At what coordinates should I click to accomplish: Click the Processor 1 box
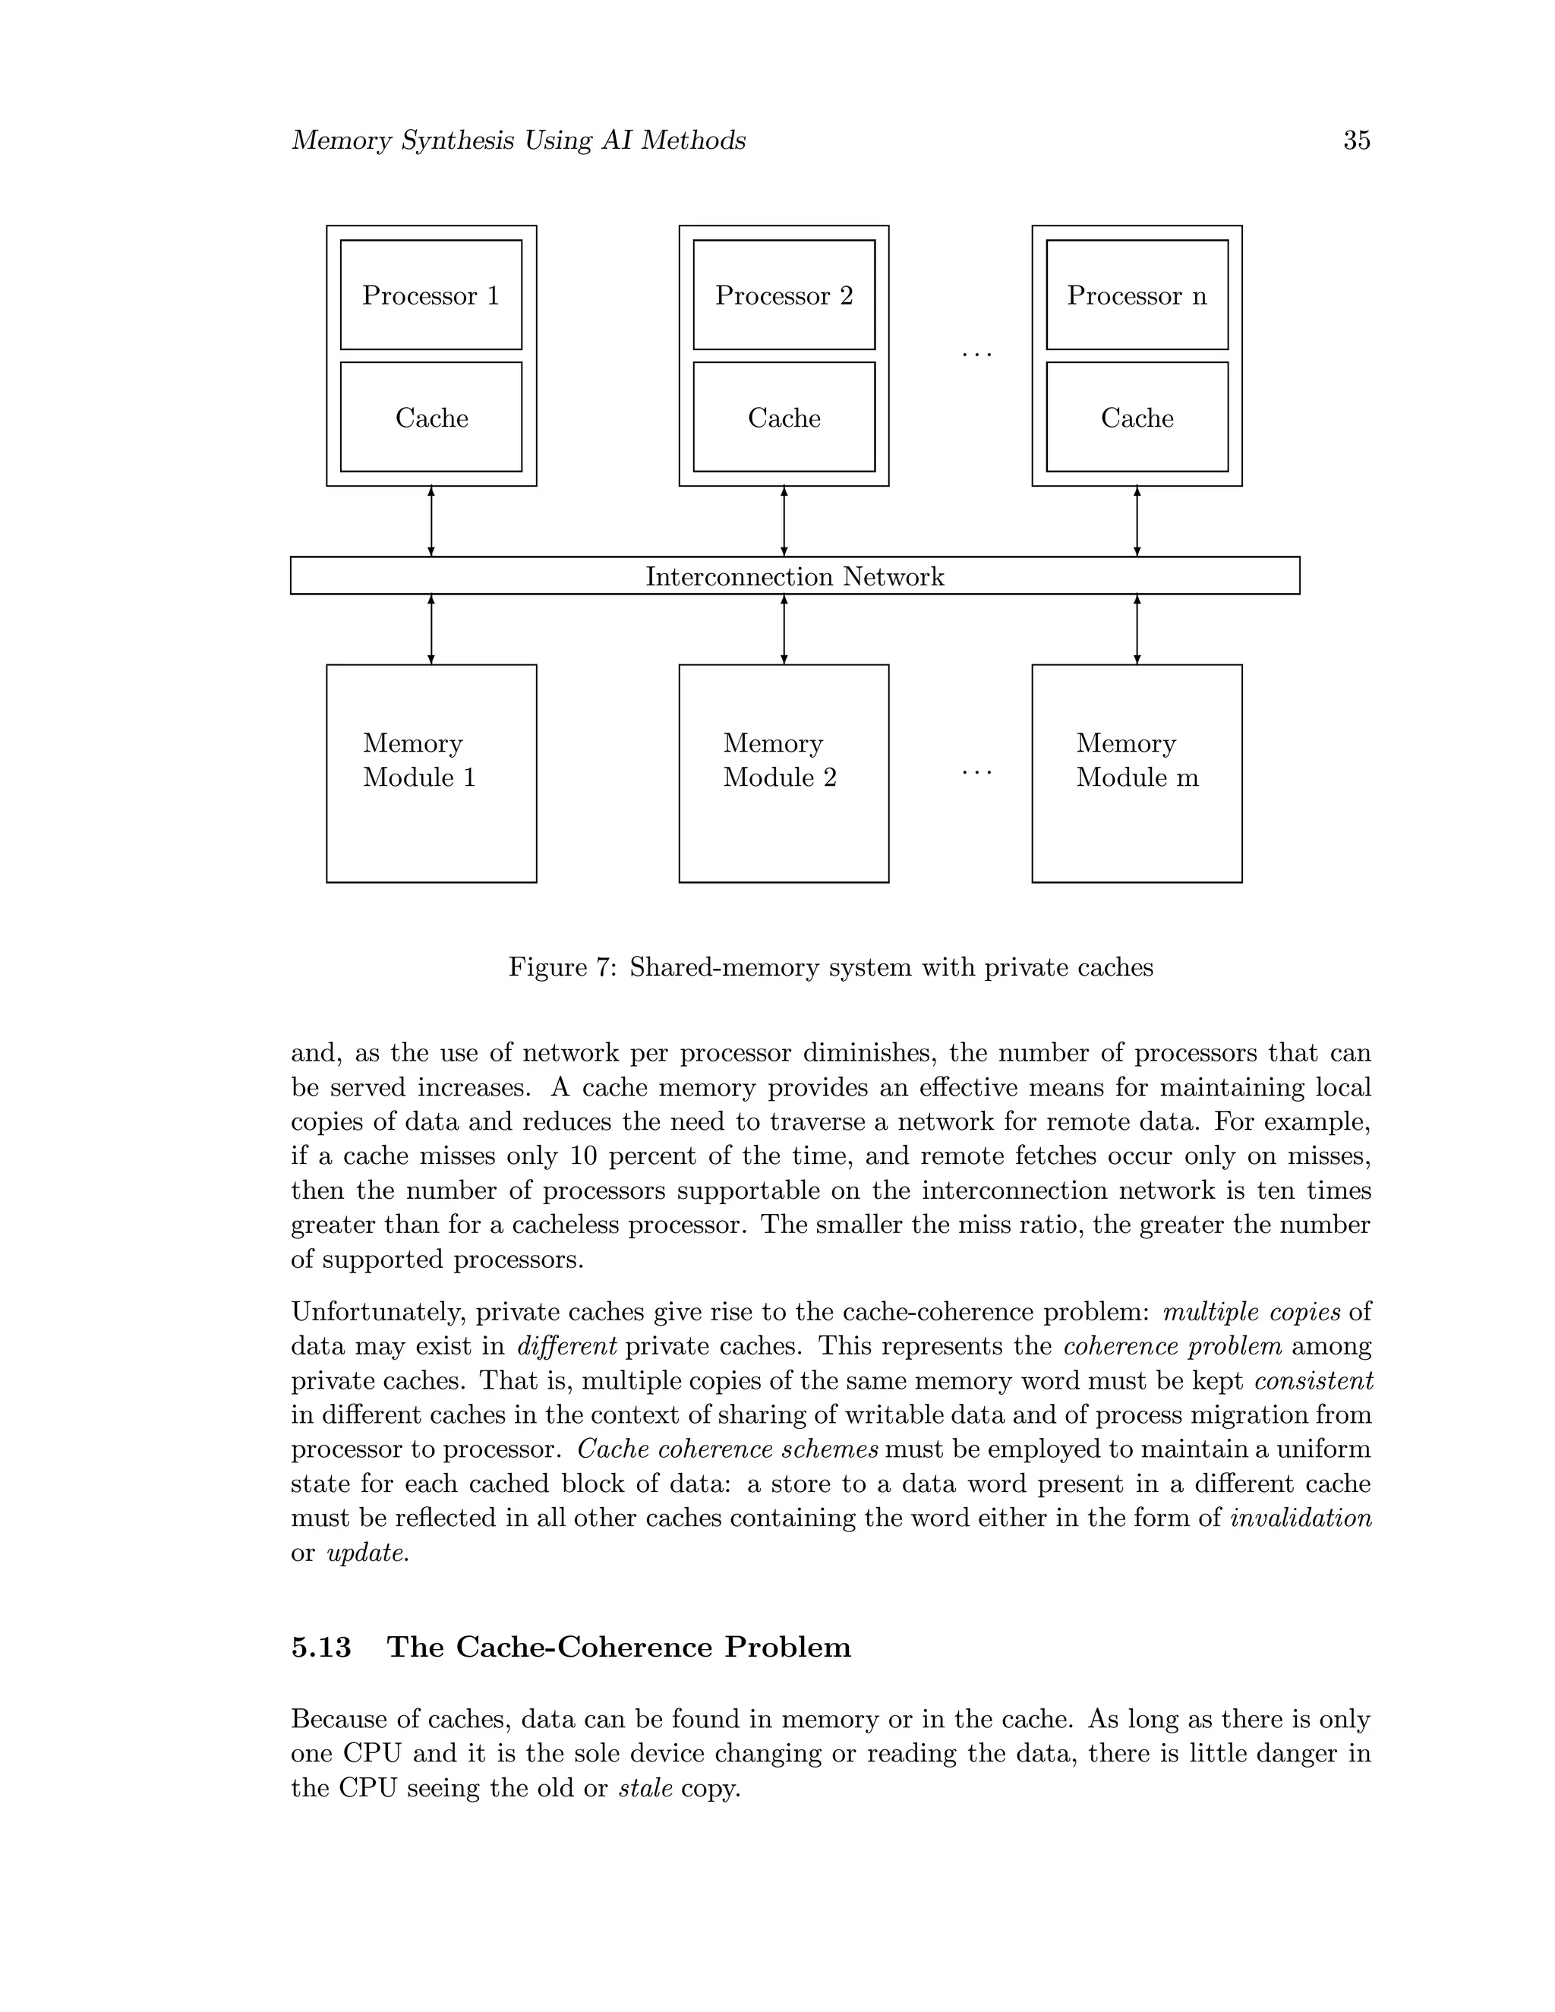point(431,295)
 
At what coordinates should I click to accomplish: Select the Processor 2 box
point(783,295)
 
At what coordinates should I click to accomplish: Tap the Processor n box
point(1136,295)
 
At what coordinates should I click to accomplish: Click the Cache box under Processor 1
point(431,418)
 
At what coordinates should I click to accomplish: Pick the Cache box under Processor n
point(1136,418)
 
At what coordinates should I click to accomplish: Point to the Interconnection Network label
point(794,577)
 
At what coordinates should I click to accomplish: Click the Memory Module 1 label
point(418,760)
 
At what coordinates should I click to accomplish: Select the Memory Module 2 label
point(779,760)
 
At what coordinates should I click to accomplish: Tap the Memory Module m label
point(1136,760)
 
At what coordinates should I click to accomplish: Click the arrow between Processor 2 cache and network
point(784,522)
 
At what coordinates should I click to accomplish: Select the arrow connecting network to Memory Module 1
point(431,629)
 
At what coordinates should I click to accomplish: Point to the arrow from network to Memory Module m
point(1137,629)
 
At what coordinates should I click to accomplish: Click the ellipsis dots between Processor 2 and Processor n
point(976,355)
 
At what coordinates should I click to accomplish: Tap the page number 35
point(1356,140)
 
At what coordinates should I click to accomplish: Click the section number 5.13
point(320,1646)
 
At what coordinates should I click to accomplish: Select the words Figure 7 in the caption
point(560,967)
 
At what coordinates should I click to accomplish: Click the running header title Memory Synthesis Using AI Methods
point(518,140)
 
